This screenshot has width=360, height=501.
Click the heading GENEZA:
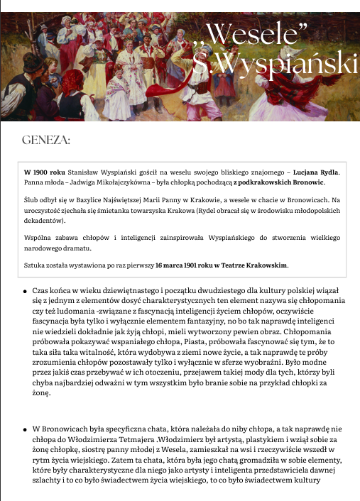coord(46,140)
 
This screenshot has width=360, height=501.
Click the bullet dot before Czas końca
coord(26,291)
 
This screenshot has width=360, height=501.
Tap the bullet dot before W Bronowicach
coord(26,429)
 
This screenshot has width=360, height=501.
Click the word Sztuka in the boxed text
coord(37,265)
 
